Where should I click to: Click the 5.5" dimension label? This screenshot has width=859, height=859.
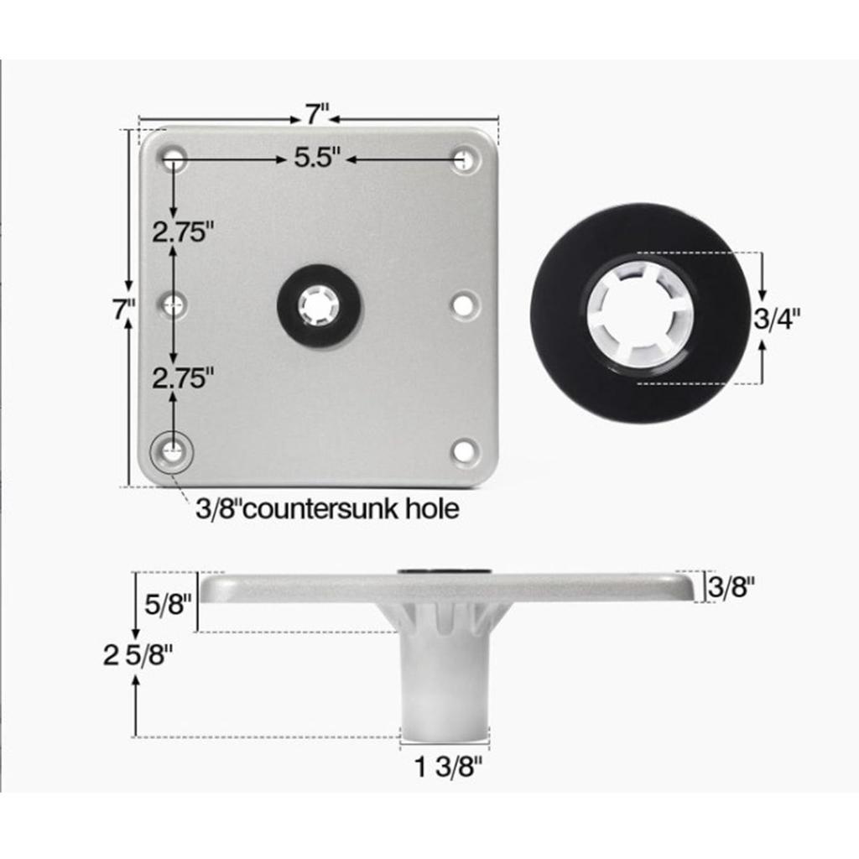click(317, 158)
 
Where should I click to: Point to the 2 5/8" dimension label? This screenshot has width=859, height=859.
click(138, 654)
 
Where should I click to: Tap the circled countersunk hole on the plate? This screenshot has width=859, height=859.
click(172, 451)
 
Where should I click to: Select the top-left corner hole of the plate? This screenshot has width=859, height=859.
click(173, 157)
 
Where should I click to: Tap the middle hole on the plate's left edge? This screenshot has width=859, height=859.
click(174, 304)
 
